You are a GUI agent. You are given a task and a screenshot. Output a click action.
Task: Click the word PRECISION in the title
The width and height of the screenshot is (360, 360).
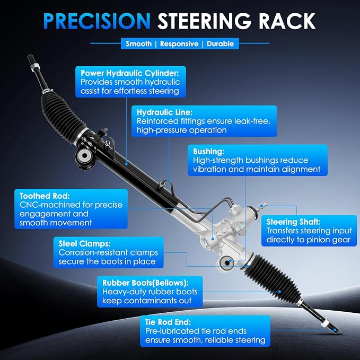tap(96, 21)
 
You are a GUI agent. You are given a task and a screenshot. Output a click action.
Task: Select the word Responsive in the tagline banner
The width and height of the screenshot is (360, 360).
tap(179, 43)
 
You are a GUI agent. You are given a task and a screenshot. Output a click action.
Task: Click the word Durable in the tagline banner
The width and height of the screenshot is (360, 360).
tap(220, 43)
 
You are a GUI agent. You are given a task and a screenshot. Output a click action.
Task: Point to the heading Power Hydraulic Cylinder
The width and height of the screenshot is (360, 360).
tap(129, 73)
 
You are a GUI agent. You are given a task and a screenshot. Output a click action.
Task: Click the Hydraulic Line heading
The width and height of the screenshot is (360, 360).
tap(164, 112)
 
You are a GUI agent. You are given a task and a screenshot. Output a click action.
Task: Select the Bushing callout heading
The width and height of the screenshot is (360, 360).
tap(208, 152)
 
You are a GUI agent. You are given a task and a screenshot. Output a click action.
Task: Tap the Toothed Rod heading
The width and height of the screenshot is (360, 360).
tap(45, 196)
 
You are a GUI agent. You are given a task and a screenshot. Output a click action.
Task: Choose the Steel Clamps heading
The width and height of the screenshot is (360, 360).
tap(84, 243)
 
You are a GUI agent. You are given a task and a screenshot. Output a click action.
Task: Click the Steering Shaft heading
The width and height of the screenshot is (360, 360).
tap(293, 222)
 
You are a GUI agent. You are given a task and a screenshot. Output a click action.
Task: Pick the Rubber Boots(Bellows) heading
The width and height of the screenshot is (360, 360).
tap(145, 283)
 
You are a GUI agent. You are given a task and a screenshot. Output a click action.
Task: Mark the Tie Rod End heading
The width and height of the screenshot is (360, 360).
tap(168, 322)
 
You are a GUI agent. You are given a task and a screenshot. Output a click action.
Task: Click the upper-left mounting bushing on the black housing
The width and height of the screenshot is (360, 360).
tap(84, 156)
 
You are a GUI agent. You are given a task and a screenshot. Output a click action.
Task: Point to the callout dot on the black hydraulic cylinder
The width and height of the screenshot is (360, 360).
tap(126, 164)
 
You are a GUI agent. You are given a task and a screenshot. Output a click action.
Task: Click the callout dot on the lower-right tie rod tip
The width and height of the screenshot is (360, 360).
tap(335, 330)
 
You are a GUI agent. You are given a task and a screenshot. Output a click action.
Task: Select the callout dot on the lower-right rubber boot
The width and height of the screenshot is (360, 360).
tap(279, 292)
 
